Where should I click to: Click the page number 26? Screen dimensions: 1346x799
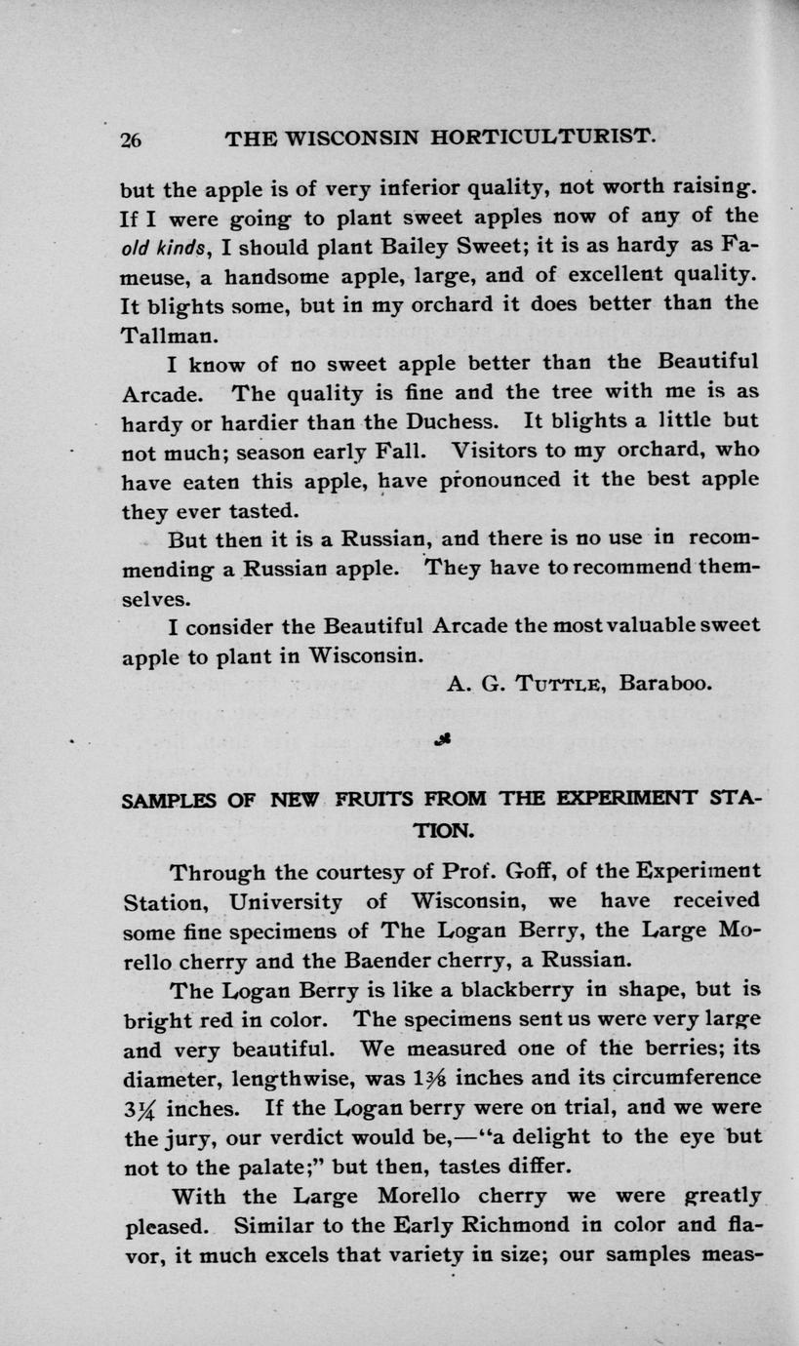[x=132, y=139]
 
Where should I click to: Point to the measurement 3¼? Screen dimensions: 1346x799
[x=140, y=1109]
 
